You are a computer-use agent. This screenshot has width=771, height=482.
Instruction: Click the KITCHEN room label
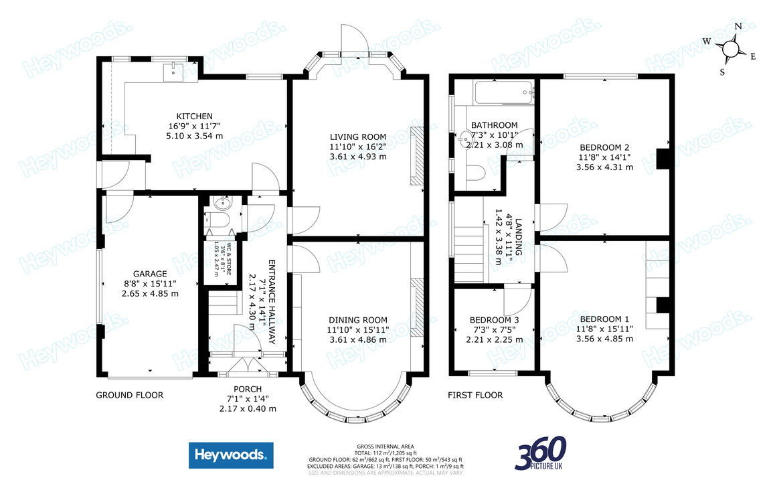pyautogui.click(x=181, y=116)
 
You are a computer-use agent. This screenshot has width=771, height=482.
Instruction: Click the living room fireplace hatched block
pyautogui.click(x=416, y=155)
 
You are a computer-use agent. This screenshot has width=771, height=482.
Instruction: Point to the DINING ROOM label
pyautogui.click(x=358, y=320)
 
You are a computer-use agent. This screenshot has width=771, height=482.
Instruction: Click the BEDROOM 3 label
pyautogui.click(x=494, y=320)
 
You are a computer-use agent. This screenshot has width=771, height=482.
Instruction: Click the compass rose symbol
pyautogui.click(x=730, y=49)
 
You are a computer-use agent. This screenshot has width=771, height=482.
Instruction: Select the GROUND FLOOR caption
pyautogui.click(x=129, y=395)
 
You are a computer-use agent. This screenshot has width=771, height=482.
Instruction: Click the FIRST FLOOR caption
pyautogui.click(x=475, y=395)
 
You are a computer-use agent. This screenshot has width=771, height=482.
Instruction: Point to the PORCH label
pyautogui.click(x=247, y=389)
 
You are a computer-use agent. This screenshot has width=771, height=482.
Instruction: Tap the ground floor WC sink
pyautogui.click(x=222, y=204)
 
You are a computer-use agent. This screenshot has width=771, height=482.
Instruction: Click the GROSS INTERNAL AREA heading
pyautogui.click(x=385, y=446)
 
